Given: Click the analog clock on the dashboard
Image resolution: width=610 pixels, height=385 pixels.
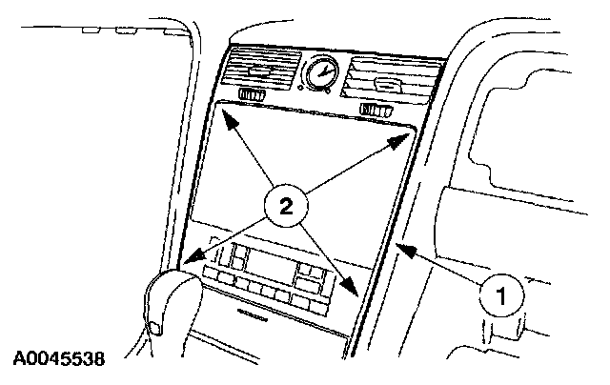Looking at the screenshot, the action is click(x=319, y=72).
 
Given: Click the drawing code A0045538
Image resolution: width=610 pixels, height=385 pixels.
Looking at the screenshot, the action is click(x=59, y=360).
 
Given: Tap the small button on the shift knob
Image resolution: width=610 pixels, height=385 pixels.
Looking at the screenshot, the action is click(x=152, y=328).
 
